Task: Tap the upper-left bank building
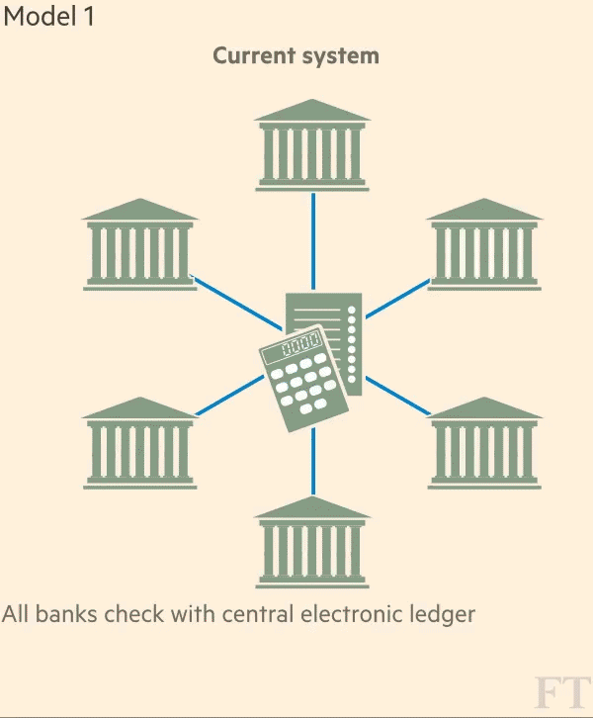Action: pos(139,244)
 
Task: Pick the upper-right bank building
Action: pos(484,244)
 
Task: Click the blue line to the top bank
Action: pos(312,237)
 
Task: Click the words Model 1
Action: pos(50,17)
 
